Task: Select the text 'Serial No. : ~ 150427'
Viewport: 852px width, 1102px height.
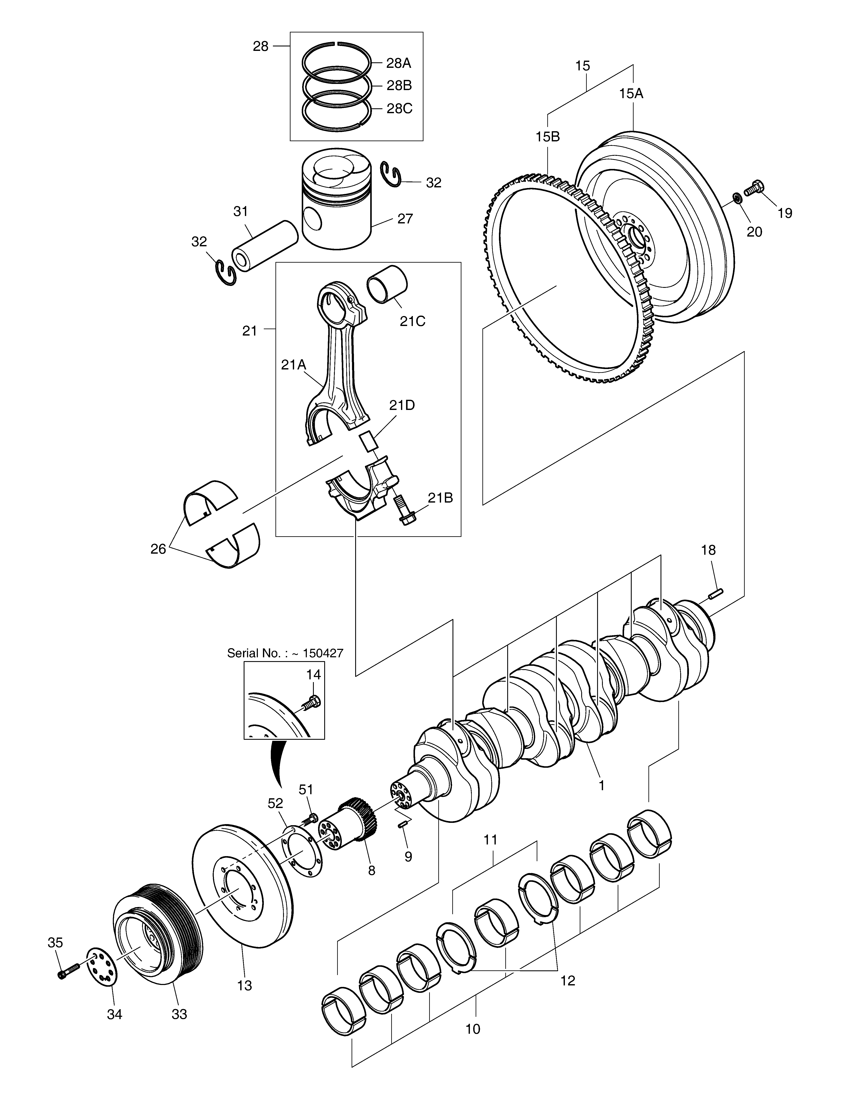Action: (285, 653)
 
